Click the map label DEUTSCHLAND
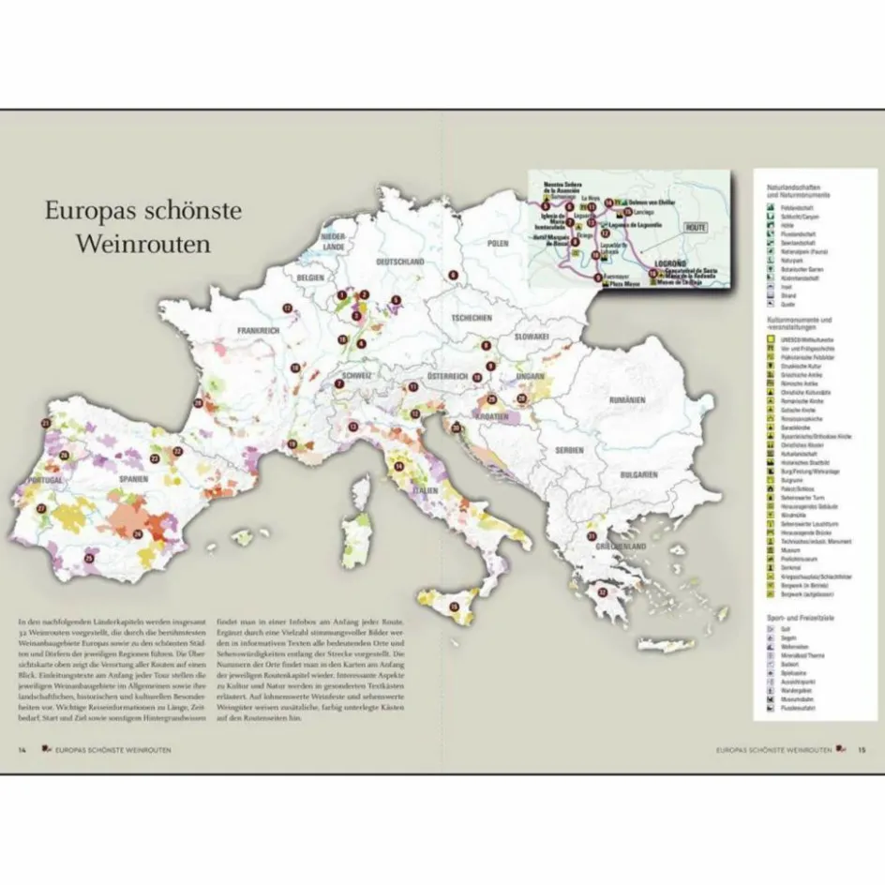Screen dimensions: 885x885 tap(402, 262)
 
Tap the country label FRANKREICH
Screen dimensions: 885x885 tap(259, 331)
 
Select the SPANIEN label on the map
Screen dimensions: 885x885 tap(134, 476)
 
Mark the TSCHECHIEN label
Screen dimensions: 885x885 tap(471, 318)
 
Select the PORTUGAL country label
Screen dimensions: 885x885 tap(46, 480)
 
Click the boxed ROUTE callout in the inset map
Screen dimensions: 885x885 tap(695, 228)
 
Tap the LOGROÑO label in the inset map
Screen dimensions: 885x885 tap(670, 264)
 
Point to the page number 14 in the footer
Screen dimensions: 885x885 tap(22, 750)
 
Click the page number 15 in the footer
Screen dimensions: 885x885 tap(862, 750)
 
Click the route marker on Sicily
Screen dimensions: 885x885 tap(455, 607)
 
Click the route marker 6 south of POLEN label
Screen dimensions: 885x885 tap(452, 276)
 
